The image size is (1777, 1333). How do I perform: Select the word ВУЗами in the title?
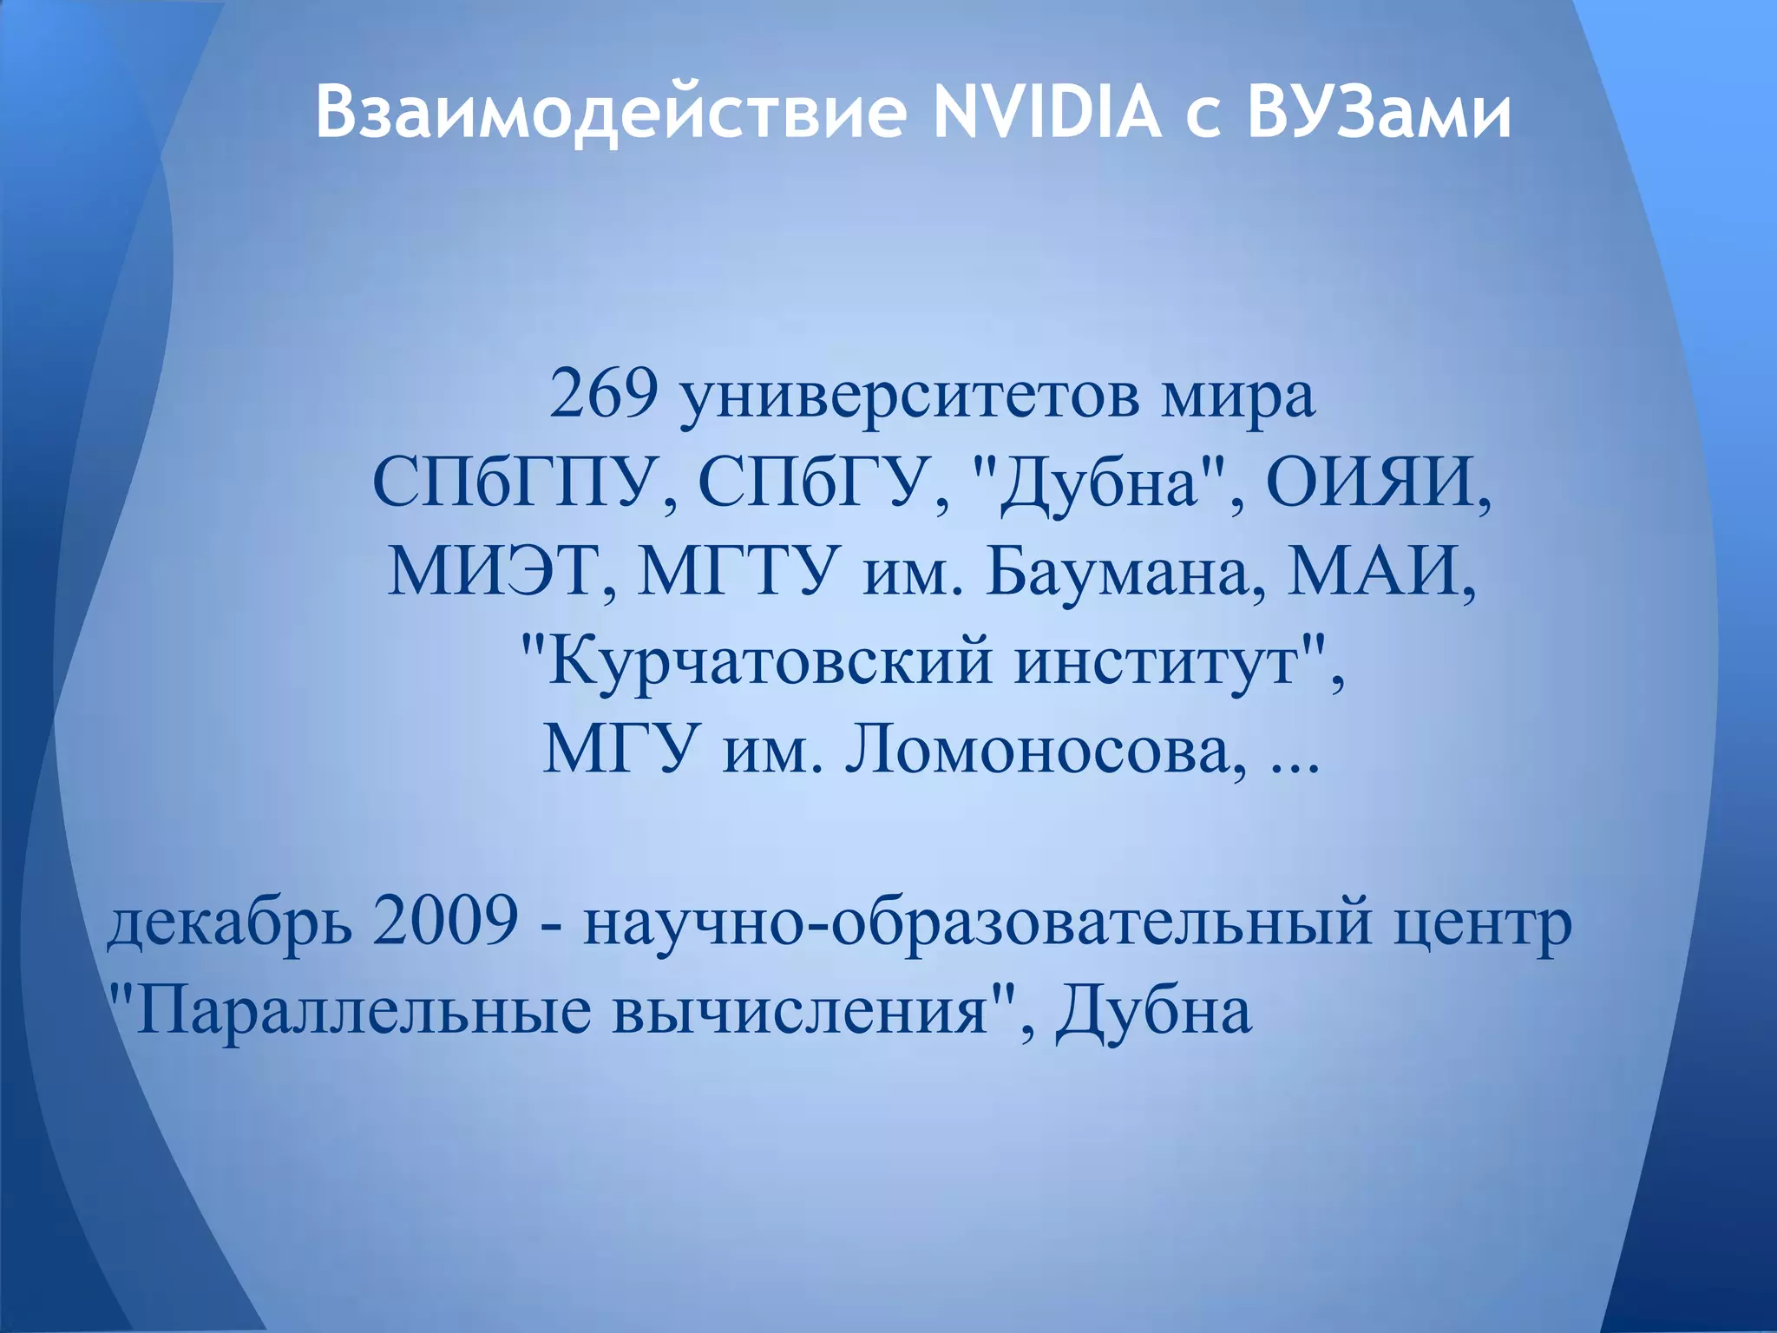(1379, 113)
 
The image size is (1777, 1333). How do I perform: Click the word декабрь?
(230, 924)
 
